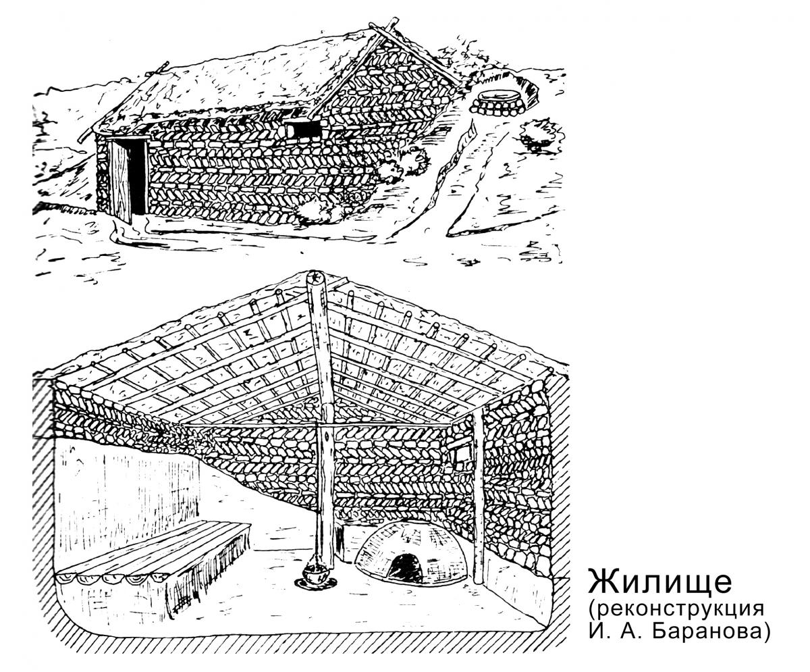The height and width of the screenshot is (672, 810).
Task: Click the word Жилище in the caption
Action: [x=659, y=581]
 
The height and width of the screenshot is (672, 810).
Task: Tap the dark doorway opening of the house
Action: [x=138, y=177]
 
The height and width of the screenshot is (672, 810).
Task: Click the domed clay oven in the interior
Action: [x=411, y=553]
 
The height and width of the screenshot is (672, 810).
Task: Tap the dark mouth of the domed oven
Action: [x=406, y=569]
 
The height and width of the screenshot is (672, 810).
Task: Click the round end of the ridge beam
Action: [x=315, y=277]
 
